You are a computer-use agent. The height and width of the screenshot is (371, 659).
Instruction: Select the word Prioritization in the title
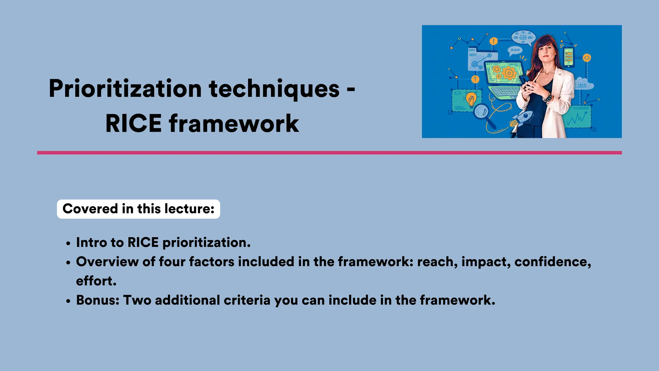pos(125,89)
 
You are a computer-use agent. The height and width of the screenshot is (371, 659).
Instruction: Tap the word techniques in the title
pos(274,89)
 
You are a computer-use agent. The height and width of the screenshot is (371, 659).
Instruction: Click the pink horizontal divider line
pos(329,153)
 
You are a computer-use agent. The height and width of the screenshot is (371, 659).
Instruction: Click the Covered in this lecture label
pos(138,209)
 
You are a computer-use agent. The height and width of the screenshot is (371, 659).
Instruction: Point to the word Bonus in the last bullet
pos(97,300)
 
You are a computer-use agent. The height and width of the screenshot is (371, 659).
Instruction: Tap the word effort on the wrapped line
pos(96,281)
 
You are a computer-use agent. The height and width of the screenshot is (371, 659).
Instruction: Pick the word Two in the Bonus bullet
pos(137,300)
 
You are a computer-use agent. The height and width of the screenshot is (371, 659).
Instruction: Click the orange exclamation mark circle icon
pos(494,41)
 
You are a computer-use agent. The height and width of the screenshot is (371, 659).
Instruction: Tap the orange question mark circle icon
pos(475,79)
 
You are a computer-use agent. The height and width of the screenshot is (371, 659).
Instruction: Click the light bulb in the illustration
pos(471,99)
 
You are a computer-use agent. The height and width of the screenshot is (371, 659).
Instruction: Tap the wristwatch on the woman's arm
pos(548,97)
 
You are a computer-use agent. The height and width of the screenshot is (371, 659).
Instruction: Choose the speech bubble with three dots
pos(515,50)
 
